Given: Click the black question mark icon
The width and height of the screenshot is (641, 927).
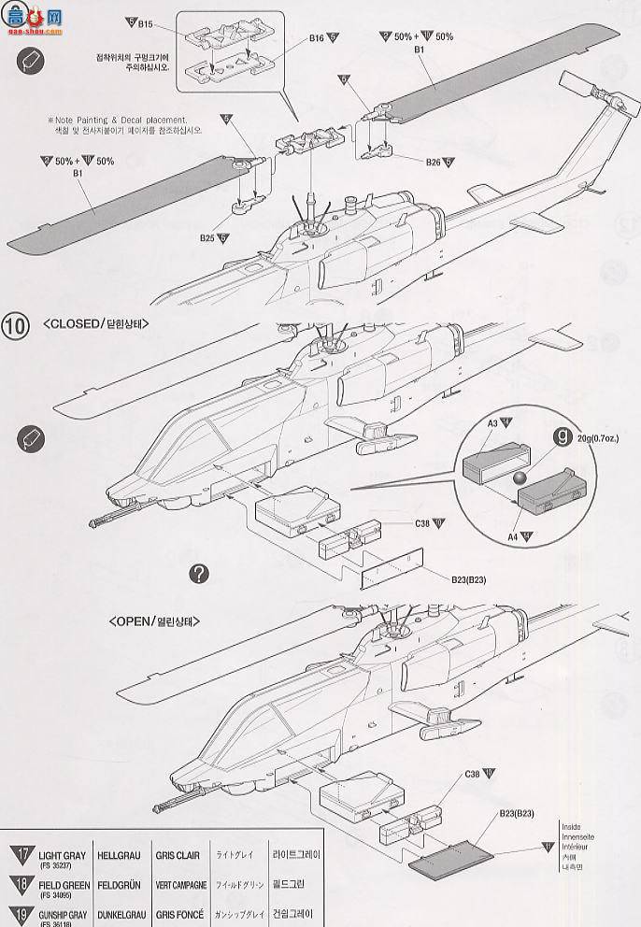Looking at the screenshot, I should [198, 574].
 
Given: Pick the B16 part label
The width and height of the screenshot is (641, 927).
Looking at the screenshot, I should [317, 40].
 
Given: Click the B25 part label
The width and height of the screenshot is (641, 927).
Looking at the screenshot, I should [208, 237].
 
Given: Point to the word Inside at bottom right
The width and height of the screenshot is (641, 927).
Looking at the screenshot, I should [572, 827].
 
